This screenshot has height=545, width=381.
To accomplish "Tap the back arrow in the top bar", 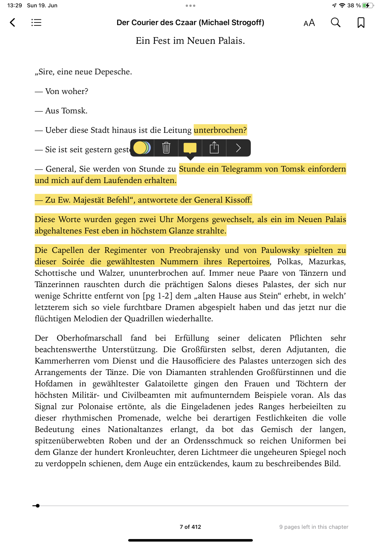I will (x=13, y=22).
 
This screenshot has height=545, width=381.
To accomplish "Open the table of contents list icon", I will (x=36, y=22).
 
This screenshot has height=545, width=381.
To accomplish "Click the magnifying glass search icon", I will (x=335, y=23).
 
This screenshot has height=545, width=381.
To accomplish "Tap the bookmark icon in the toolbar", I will (x=361, y=23).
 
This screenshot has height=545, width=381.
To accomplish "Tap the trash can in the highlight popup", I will (x=166, y=148).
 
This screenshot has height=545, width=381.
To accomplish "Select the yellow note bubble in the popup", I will (x=190, y=148).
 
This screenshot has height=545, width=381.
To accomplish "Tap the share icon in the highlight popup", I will (x=214, y=148).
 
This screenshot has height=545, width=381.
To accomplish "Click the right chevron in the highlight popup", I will (x=238, y=148).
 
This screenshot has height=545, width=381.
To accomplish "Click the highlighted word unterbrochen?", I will (x=220, y=130).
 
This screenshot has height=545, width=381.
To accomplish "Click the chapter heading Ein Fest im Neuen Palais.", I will (x=190, y=41).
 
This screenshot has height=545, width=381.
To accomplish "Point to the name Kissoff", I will (x=238, y=200).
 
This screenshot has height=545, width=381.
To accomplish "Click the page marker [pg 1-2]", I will (x=158, y=296).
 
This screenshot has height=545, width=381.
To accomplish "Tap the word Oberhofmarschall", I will (x=89, y=338).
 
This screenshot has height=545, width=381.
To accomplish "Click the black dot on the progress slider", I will (x=38, y=506).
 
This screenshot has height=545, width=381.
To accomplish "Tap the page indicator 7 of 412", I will (x=190, y=527).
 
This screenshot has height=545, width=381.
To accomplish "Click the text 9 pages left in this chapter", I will (x=314, y=527).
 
